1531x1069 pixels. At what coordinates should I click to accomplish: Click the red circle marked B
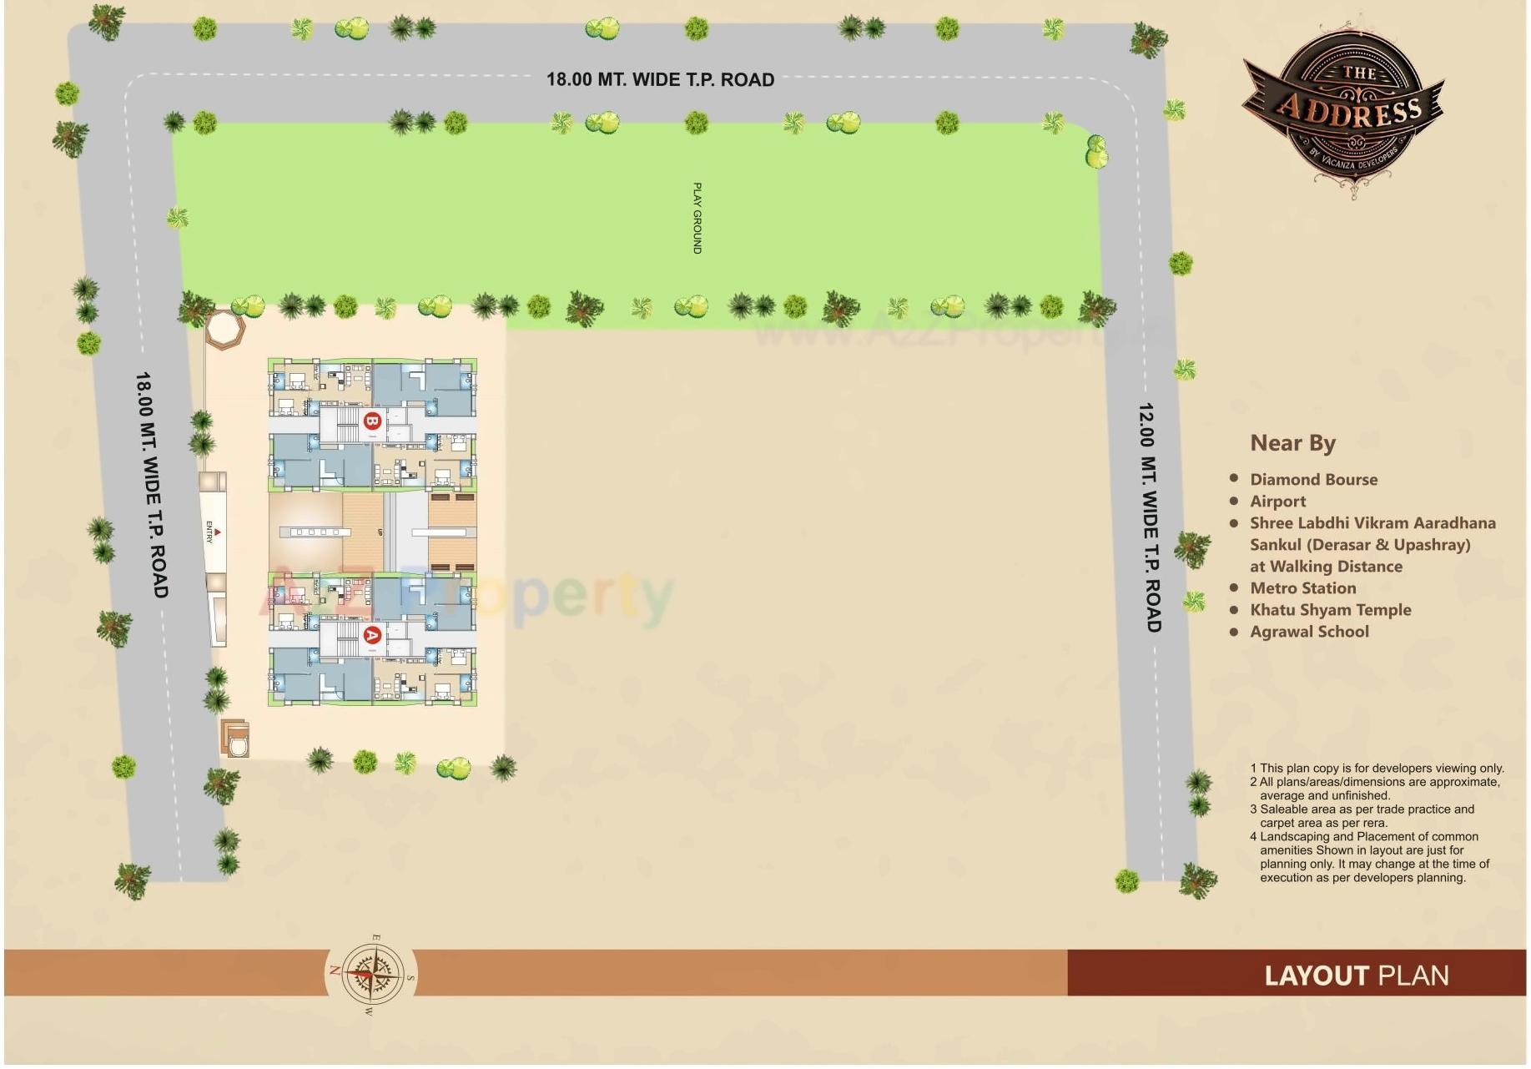click(372, 421)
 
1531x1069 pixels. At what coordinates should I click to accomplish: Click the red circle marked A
click(372, 635)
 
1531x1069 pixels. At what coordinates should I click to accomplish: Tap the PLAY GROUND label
click(698, 218)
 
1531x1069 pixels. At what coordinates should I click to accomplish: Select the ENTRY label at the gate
click(210, 532)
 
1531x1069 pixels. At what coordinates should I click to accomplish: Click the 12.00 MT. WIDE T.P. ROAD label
click(1149, 517)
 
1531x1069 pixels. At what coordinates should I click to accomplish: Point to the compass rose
click(370, 974)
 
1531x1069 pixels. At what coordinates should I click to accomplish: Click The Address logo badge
click(1343, 106)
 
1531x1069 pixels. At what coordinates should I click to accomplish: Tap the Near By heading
click(1292, 443)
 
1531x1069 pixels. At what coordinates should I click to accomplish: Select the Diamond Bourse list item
click(1313, 480)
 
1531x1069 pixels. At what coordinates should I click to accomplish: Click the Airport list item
click(1277, 502)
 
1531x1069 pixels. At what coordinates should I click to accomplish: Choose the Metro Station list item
click(1302, 588)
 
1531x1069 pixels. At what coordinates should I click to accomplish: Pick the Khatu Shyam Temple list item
click(1330, 610)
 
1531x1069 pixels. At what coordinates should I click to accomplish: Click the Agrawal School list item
click(1309, 632)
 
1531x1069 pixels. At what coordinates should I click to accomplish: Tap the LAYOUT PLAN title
click(1356, 976)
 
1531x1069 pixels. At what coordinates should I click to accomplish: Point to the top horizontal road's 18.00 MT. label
click(660, 80)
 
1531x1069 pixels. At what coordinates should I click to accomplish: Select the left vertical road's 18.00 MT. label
click(151, 484)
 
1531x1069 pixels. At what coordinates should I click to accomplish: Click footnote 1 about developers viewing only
click(1377, 768)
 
